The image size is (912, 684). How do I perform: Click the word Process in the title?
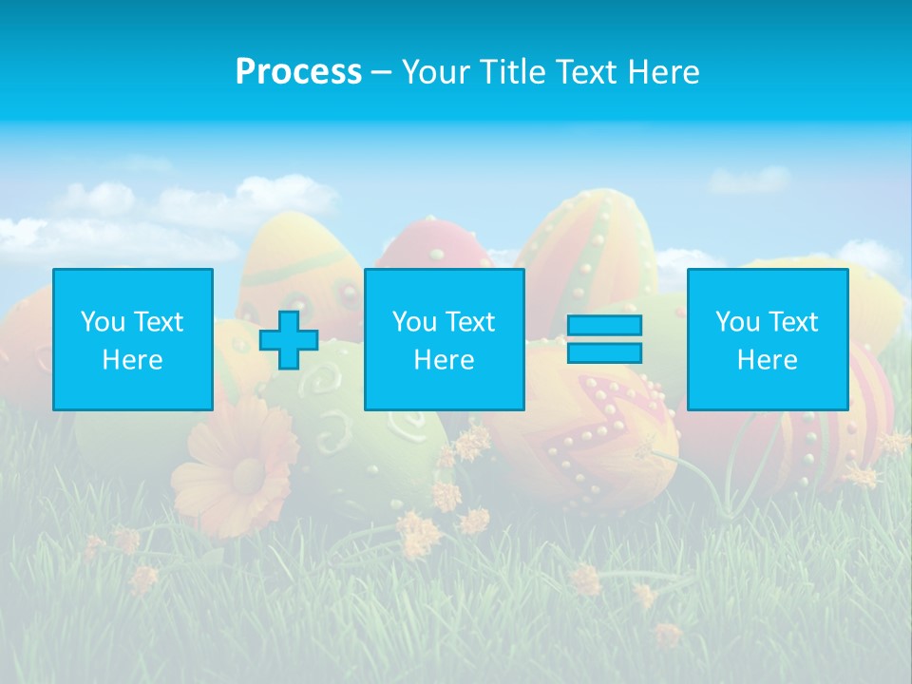click(x=298, y=72)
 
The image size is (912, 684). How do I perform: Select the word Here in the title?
click(x=661, y=72)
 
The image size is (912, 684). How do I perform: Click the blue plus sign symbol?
click(x=289, y=340)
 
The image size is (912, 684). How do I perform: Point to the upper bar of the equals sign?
click(x=604, y=325)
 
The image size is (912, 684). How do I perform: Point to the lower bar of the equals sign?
click(x=604, y=353)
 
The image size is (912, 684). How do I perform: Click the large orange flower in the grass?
click(x=237, y=465)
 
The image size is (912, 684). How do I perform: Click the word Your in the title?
click(x=435, y=72)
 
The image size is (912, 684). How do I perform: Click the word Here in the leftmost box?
click(x=133, y=360)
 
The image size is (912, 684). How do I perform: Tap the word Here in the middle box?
click(x=444, y=360)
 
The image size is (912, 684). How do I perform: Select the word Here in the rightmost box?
click(x=768, y=360)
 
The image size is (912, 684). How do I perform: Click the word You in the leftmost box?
click(x=103, y=322)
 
